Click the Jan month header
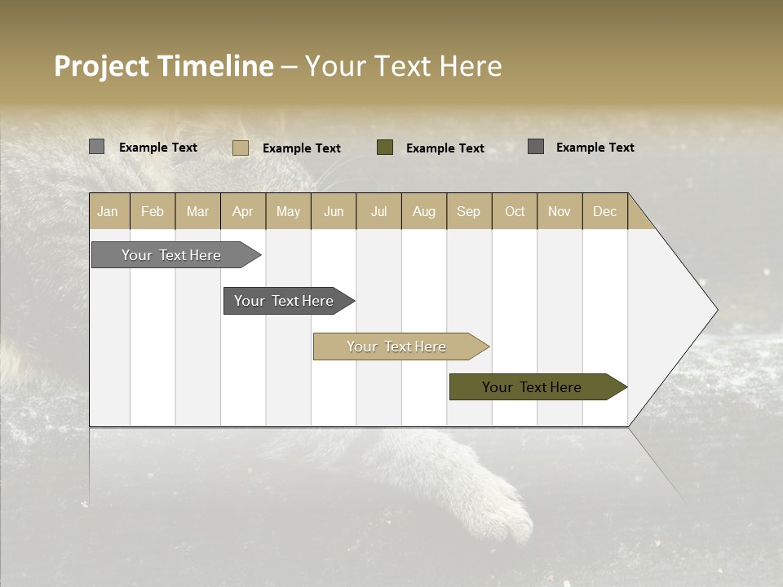(x=108, y=211)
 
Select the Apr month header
(x=243, y=211)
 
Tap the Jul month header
(x=378, y=211)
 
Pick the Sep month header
(x=468, y=211)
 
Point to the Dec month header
(x=604, y=211)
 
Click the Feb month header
(x=153, y=211)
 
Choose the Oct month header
(x=515, y=211)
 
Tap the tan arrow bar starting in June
(x=397, y=346)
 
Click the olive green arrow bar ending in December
(x=533, y=387)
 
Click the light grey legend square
(x=96, y=147)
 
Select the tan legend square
(x=240, y=148)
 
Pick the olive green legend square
(x=385, y=148)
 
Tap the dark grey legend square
(x=536, y=147)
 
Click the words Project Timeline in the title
(x=163, y=66)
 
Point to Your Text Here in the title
(x=403, y=66)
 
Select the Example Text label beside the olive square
(x=445, y=148)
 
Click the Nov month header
(x=559, y=211)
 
